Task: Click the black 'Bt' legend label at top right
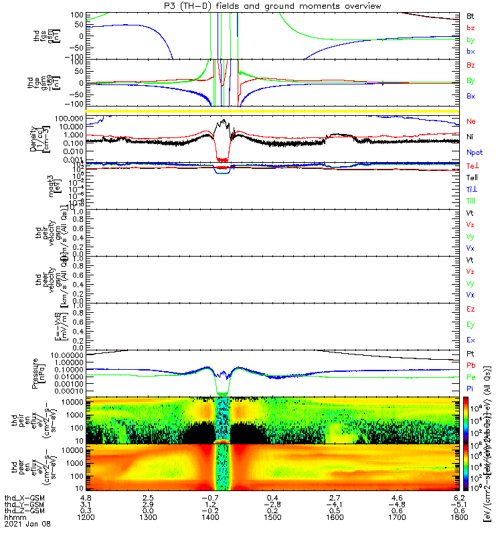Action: (x=471, y=15)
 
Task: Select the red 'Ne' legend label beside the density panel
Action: (x=471, y=121)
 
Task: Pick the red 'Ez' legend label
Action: (x=471, y=309)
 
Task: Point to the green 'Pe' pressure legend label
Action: (x=471, y=377)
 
